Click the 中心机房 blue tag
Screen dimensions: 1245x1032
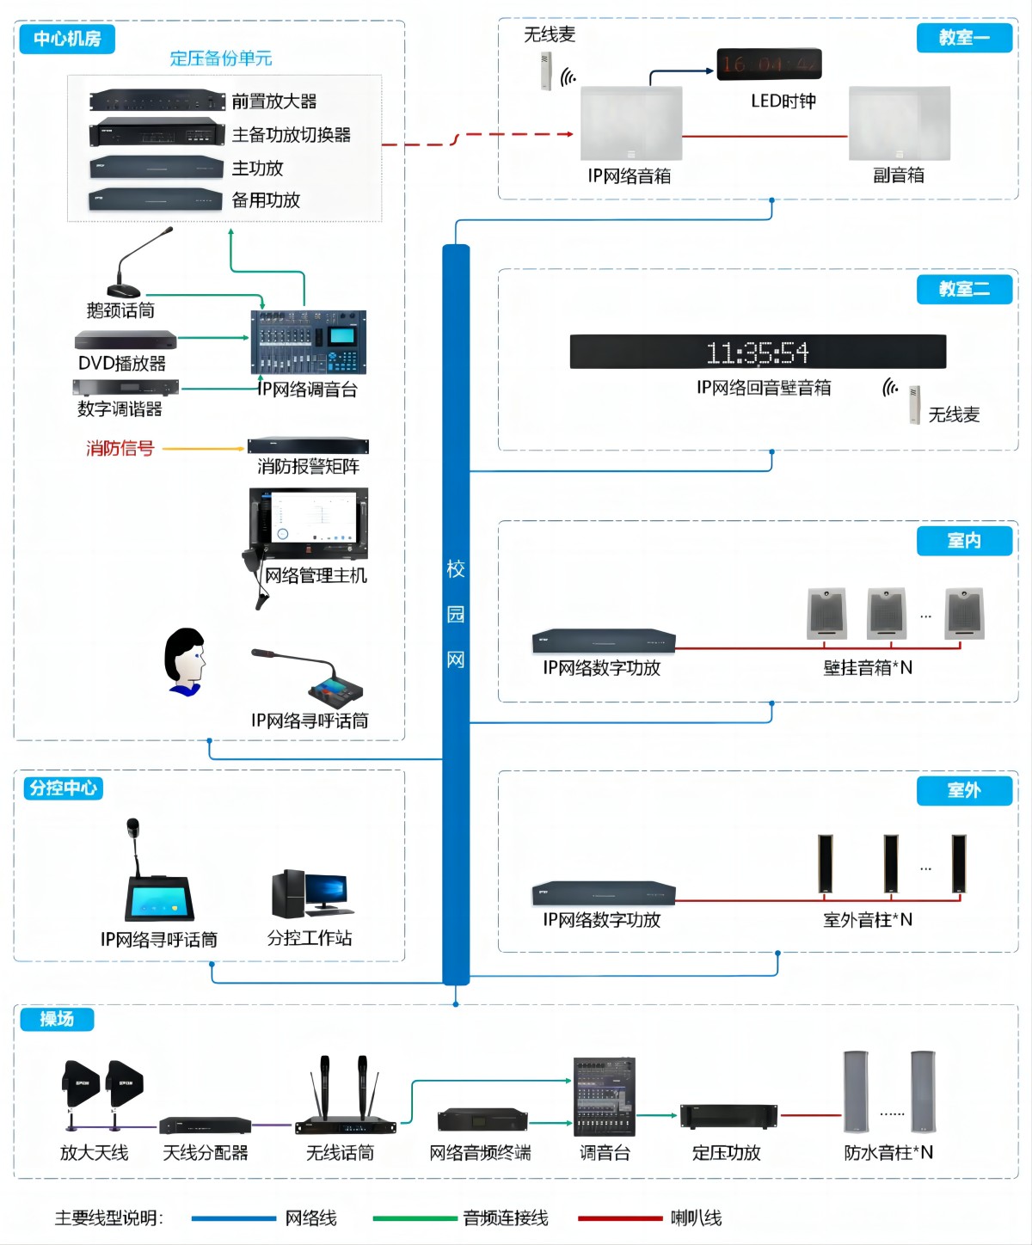coord(67,39)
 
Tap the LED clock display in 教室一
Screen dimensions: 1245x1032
coord(769,64)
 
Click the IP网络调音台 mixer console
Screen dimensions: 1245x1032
coord(309,341)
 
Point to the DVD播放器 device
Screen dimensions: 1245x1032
coord(126,340)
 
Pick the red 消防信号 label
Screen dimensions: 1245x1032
coord(120,448)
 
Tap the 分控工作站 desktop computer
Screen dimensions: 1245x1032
coord(311,894)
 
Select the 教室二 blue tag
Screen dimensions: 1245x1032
coord(964,289)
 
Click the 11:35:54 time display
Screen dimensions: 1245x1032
coord(758,352)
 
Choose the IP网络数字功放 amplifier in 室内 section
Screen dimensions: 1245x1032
coord(604,641)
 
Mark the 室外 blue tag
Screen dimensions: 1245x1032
coord(964,790)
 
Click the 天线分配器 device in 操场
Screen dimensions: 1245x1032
coord(206,1125)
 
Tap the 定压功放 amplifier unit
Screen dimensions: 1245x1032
coord(728,1116)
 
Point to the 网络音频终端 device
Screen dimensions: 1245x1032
coord(482,1120)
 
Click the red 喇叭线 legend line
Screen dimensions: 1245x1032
coord(620,1217)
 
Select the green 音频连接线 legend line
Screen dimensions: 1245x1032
coord(415,1217)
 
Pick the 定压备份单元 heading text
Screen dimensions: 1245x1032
coord(221,58)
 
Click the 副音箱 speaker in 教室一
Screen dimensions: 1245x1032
coord(900,123)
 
